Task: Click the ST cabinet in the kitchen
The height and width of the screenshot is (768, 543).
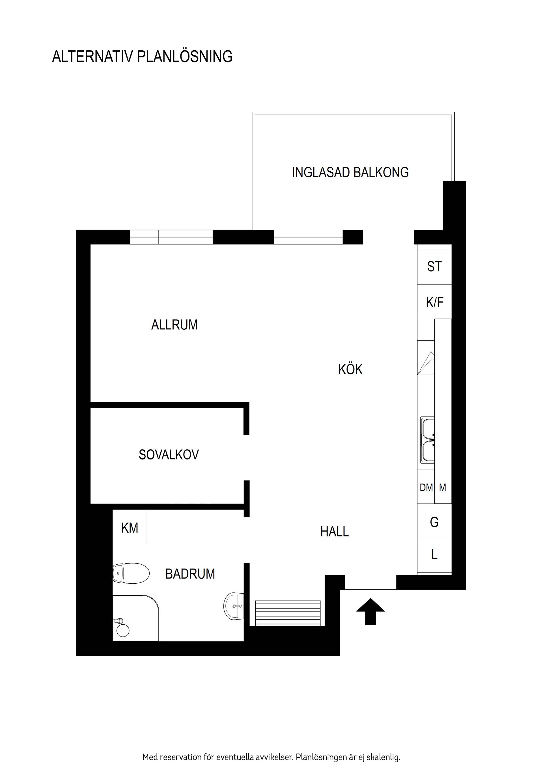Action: point(434,267)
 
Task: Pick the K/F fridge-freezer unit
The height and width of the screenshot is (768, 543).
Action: point(434,302)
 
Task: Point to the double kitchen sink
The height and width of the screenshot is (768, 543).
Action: point(428,440)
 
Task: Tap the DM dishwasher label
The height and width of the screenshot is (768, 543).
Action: point(426,488)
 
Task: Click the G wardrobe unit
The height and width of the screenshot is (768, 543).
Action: point(434,522)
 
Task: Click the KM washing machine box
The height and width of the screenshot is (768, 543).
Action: point(130,528)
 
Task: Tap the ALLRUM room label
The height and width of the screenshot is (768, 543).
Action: point(174,325)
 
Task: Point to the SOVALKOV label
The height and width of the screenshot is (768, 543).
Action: point(169,455)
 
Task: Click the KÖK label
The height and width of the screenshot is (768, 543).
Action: point(350,370)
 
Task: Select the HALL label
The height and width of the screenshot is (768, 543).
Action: point(334,532)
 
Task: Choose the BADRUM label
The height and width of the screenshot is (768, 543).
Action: point(190,574)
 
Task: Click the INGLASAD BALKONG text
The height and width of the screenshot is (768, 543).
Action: point(350,172)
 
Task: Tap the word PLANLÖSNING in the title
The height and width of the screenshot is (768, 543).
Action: point(185,57)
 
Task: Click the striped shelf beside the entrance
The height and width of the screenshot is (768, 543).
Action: point(288,613)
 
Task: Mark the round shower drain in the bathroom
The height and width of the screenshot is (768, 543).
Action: point(122,631)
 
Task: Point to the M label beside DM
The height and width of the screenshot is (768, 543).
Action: point(442,488)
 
